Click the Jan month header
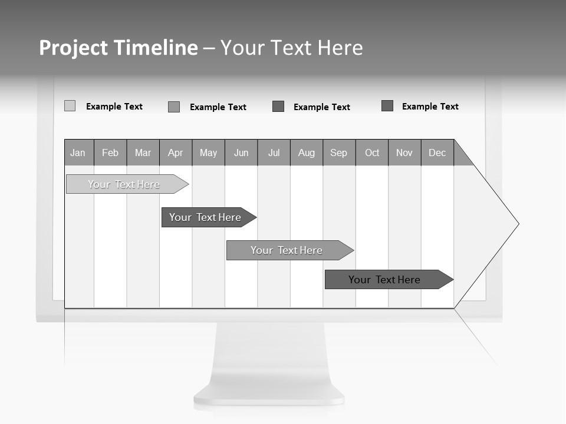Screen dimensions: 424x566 coord(78,153)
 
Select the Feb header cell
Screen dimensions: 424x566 coord(110,153)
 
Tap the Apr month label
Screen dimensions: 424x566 coord(175,153)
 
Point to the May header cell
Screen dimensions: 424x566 coord(208,153)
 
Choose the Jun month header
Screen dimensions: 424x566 coord(241,153)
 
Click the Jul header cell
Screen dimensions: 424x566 coord(274,153)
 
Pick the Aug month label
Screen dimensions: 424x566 coord(307,153)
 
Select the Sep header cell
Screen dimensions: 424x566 coord(339,153)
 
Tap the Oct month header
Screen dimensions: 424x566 coord(372,153)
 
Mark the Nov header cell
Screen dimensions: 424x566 coord(404,153)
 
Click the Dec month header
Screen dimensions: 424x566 coord(437,153)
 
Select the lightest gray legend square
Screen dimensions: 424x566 coord(70,106)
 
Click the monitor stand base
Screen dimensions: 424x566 coord(269,395)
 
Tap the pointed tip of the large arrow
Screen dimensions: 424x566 coord(517,224)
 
